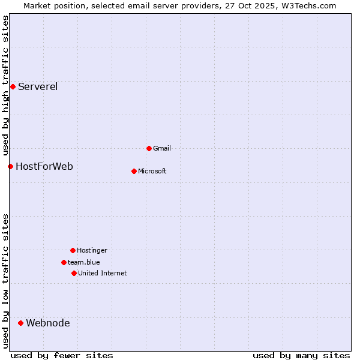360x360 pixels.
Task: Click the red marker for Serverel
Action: [x=13, y=86]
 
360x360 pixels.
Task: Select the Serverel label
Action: [x=38, y=86]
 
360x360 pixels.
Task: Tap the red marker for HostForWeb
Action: [x=10, y=166]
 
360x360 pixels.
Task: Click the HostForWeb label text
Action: [x=44, y=166]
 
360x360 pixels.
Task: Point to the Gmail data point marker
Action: [x=149, y=148]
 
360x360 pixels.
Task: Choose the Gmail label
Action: [x=162, y=148]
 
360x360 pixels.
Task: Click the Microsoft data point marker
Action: [x=134, y=171]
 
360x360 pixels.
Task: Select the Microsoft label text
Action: [x=152, y=171]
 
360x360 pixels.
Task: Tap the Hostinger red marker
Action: [x=73, y=250]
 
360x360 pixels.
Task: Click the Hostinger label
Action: [x=92, y=250]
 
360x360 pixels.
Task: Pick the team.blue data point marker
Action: [x=64, y=262]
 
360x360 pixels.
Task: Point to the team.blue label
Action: [x=84, y=262]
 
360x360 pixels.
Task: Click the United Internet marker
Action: [x=74, y=273]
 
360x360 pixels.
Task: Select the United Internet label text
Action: [x=103, y=273]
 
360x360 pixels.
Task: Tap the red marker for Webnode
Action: [x=20, y=323]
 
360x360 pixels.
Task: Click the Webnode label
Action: [x=48, y=323]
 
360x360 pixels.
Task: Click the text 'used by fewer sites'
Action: [x=62, y=355]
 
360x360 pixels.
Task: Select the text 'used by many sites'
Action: [x=301, y=355]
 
